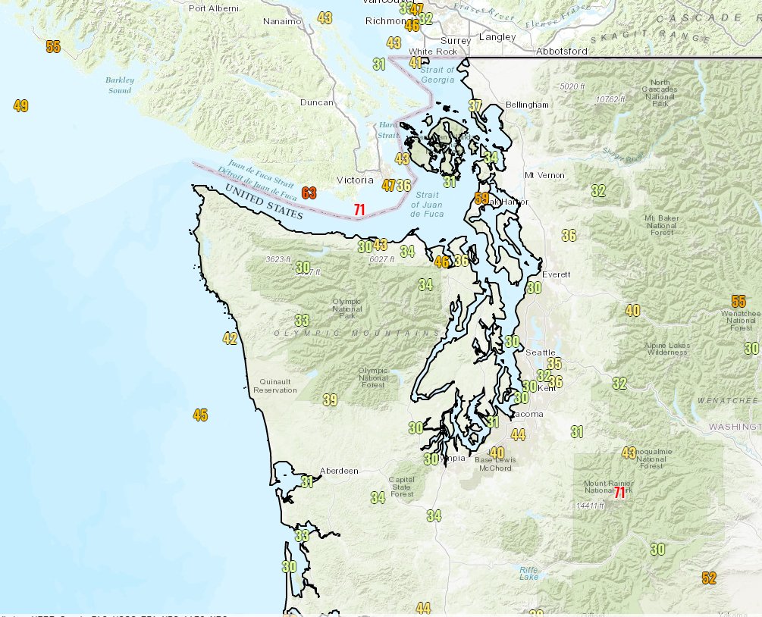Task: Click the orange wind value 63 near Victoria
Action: click(309, 193)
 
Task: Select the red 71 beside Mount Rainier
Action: click(619, 492)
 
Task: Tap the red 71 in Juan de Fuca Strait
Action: click(359, 208)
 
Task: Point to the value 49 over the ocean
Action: click(20, 106)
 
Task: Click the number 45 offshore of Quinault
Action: click(200, 415)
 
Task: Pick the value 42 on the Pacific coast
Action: click(230, 339)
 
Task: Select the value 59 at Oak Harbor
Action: click(481, 199)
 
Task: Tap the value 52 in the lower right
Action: click(709, 578)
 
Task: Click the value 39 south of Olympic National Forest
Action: click(330, 400)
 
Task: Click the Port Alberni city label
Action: click(213, 8)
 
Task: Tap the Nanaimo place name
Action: click(282, 22)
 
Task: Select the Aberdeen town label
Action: click(339, 471)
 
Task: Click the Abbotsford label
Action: click(561, 51)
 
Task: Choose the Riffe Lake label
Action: click(528, 573)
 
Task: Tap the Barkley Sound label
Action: click(120, 85)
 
